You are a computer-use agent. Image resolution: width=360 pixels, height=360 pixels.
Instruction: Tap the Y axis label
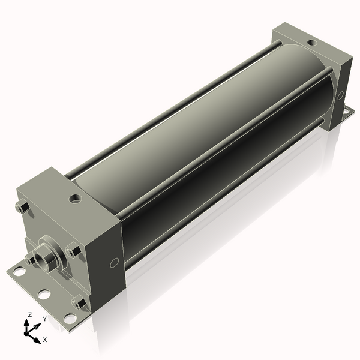(44, 319)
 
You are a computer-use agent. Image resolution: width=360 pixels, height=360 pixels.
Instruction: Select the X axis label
(45, 340)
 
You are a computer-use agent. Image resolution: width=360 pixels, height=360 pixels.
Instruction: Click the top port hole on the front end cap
(74, 197)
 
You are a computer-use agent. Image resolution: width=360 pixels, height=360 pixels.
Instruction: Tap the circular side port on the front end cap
(114, 263)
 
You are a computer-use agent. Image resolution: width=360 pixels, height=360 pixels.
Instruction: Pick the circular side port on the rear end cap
(340, 95)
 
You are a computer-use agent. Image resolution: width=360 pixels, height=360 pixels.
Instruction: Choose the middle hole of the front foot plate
(44, 295)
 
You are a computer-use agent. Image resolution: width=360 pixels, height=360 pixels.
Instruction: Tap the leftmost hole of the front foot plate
(19, 272)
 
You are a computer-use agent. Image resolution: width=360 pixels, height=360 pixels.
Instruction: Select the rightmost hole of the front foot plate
(70, 318)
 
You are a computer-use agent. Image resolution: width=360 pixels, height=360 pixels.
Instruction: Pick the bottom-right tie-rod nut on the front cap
(78, 304)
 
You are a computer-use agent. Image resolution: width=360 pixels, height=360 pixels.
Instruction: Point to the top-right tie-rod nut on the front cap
(74, 251)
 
